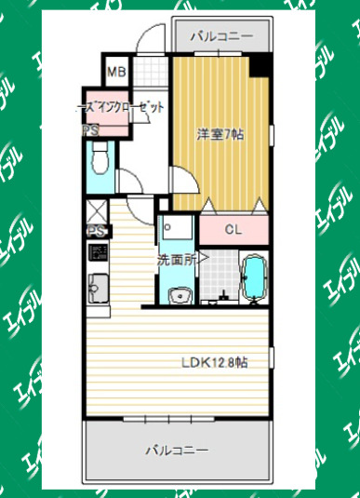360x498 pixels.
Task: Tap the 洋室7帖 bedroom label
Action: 220,134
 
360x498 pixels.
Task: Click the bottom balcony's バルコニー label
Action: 176,451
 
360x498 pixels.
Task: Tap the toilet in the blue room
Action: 100,164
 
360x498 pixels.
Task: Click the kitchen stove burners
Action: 97,253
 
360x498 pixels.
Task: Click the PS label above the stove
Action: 94,231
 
